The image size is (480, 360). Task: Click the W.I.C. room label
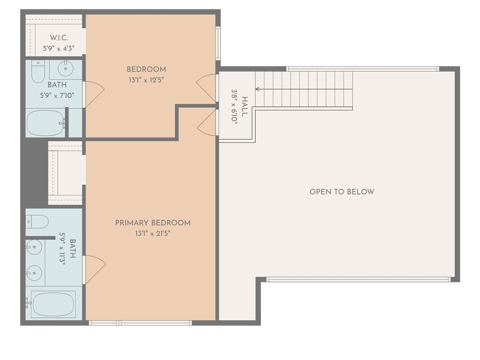(x=59, y=38)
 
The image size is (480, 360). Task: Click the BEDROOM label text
(x=146, y=69)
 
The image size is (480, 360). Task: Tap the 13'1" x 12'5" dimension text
(x=146, y=80)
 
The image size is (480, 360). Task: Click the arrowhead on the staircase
(x=257, y=89)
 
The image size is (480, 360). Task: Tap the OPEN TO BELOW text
(x=342, y=191)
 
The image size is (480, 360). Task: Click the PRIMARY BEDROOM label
(x=152, y=223)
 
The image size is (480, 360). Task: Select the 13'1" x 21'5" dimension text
(x=152, y=233)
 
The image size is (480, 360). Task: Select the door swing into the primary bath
(x=94, y=270)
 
